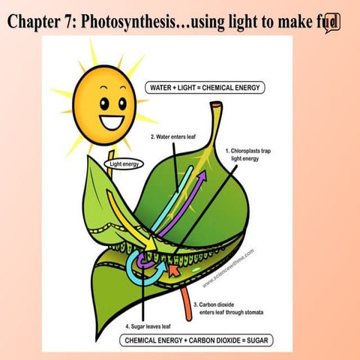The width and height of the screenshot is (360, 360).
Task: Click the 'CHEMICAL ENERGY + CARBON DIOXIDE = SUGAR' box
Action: point(196,341)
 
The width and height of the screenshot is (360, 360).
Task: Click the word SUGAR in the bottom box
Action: point(253,341)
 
